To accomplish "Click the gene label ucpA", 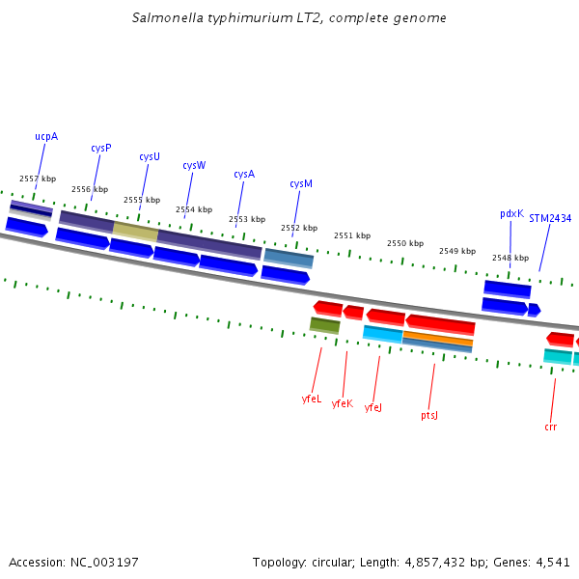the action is (46, 137).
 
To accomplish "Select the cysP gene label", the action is (101, 148).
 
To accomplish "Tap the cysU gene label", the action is (150, 156).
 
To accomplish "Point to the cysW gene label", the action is (194, 165).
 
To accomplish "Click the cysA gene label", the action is (244, 175).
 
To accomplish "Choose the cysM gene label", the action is (301, 184).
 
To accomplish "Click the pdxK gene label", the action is (511, 213).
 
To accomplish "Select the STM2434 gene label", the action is (550, 218).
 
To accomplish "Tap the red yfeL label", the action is (311, 398).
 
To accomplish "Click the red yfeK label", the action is (342, 403).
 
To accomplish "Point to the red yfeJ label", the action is (373, 408).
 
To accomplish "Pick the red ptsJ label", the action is (429, 415).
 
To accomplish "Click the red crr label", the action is (551, 427).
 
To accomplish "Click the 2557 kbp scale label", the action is (38, 179).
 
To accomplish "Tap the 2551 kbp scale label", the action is (352, 235).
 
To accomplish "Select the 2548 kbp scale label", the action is (510, 258).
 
